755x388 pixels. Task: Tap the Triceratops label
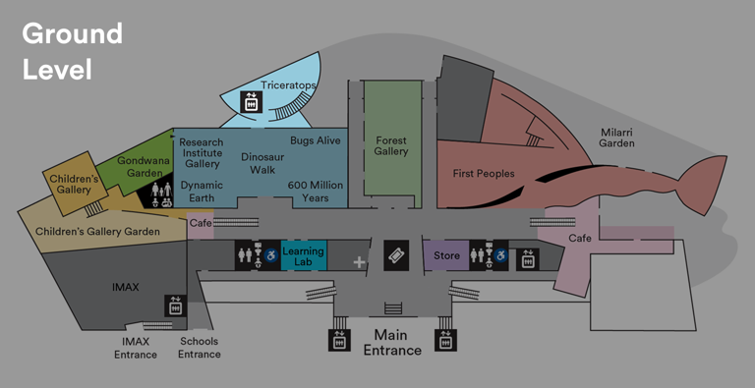[x=288, y=86]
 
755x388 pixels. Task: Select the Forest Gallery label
[x=391, y=146]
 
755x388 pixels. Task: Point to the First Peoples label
[x=484, y=174]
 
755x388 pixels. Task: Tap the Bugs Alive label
[x=315, y=141]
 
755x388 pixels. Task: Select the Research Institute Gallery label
[x=202, y=152]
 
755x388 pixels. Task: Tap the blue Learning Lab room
[x=303, y=256]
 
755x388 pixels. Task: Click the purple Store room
[x=446, y=256]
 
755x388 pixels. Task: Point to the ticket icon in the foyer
[x=395, y=255]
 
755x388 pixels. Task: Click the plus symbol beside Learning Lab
[x=360, y=262]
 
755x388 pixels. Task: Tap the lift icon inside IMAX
[x=175, y=305]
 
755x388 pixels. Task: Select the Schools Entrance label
[x=199, y=348]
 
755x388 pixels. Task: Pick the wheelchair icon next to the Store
[x=500, y=256]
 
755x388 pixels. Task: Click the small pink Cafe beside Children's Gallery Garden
[x=201, y=223]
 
